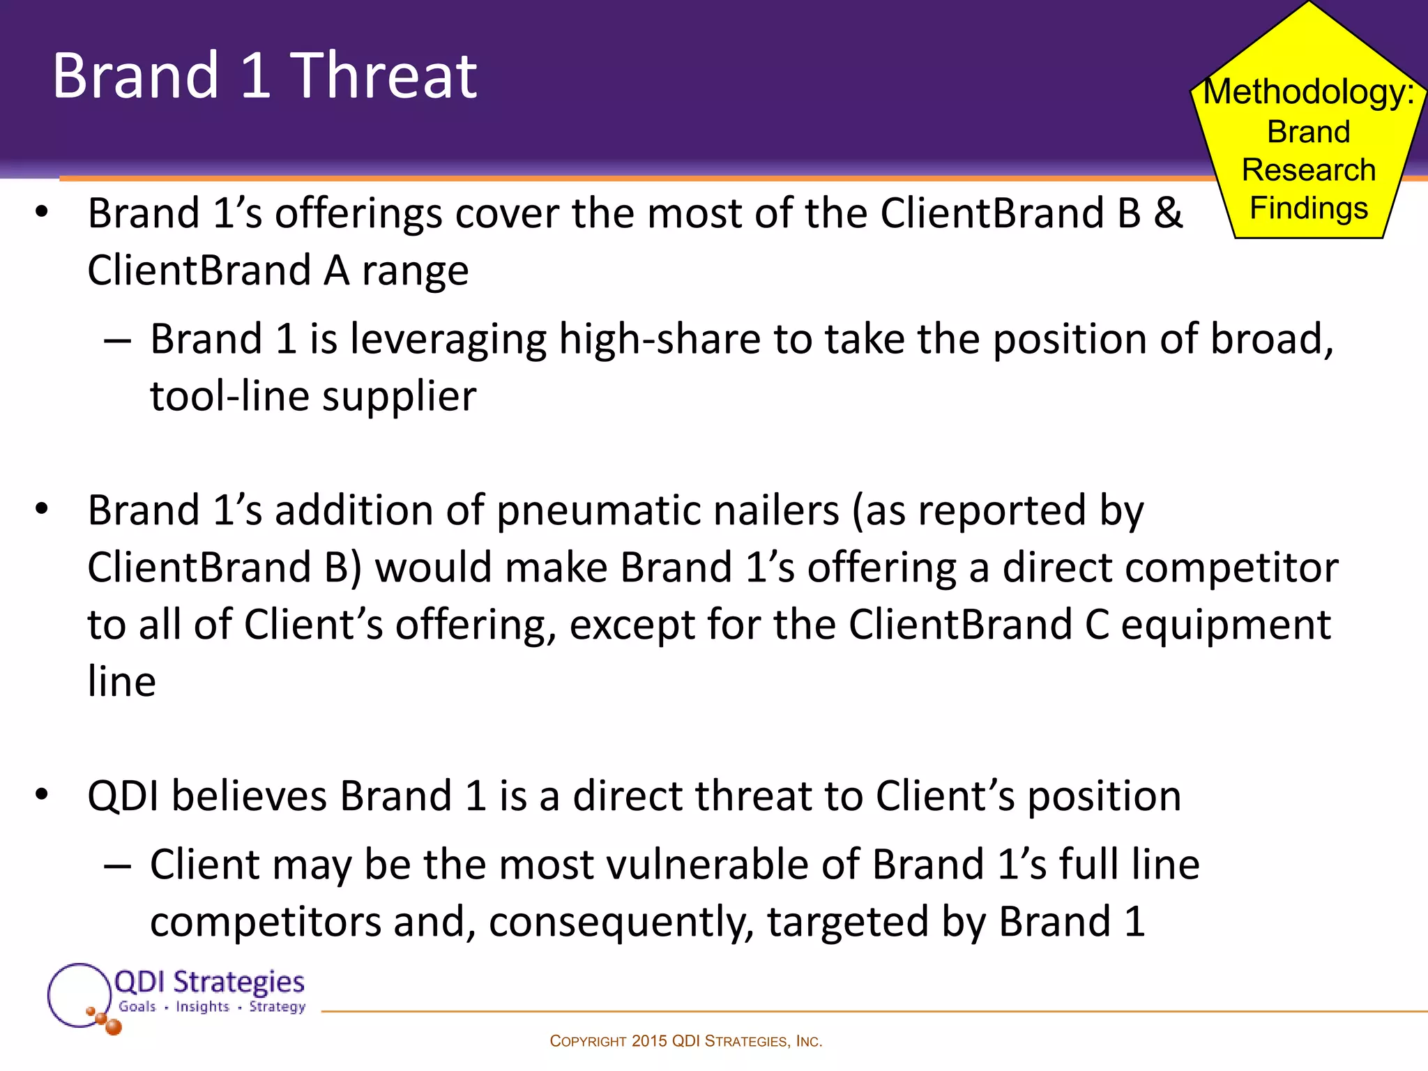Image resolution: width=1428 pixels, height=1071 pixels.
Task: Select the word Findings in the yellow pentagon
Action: [1309, 208]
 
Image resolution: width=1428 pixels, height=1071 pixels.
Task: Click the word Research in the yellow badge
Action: [1309, 170]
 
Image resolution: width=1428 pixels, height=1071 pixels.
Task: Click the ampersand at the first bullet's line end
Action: [1168, 213]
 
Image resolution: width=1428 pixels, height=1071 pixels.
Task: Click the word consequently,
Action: [621, 922]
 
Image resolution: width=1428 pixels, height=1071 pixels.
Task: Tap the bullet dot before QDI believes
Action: [42, 794]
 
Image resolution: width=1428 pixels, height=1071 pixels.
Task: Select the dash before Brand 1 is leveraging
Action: [117, 341]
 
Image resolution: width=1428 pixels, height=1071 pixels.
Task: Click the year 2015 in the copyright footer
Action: [649, 1041]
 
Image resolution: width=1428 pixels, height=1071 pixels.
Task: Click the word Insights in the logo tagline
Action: [202, 1007]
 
